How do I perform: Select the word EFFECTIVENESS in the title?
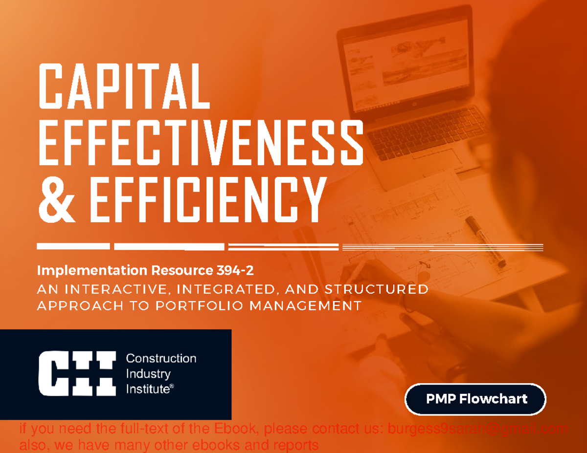pos(201,145)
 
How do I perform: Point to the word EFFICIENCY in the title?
pos(208,200)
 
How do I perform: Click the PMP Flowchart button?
pos(475,399)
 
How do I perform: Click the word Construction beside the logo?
pos(161,359)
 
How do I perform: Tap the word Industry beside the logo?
pos(148,374)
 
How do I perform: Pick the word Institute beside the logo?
pos(148,389)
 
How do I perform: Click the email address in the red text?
pos(477,430)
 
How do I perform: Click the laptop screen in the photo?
pos(406,68)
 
